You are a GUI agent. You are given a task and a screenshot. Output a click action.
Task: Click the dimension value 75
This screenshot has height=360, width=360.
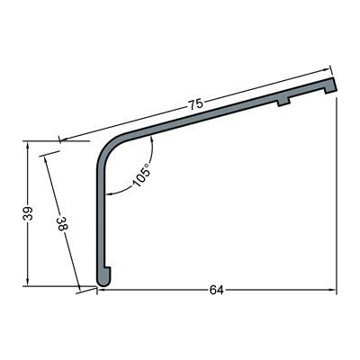pyautogui.click(x=195, y=104)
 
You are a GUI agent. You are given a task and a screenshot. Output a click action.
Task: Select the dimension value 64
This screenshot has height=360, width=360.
pyautogui.click(x=216, y=290)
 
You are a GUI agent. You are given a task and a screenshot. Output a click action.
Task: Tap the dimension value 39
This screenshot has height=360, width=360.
pyautogui.click(x=28, y=213)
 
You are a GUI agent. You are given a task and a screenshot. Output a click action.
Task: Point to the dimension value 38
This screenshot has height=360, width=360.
pyautogui.click(x=61, y=223)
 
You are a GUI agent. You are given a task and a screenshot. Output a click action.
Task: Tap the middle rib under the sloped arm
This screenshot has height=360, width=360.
pyautogui.click(x=283, y=103)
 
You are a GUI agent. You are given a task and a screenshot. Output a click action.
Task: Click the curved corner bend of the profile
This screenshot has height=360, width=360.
pyautogui.click(x=110, y=150)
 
